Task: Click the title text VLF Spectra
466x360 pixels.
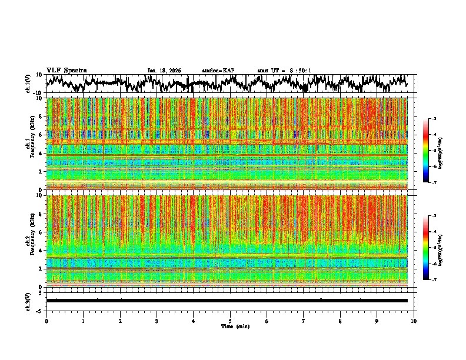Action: pos(66,71)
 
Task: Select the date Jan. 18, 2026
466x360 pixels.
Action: pos(164,71)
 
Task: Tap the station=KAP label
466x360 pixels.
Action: pos(218,71)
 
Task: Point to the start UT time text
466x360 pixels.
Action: pos(284,71)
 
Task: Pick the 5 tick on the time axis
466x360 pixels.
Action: pos(230,321)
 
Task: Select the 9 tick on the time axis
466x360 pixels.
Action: pos(377,321)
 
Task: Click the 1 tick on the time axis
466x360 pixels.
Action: pos(83,321)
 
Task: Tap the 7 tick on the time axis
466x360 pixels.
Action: pos(304,321)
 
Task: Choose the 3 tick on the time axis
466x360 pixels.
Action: pos(157,321)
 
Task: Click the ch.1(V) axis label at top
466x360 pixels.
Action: pos(28,84)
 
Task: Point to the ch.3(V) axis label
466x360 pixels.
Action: pos(28,301)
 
